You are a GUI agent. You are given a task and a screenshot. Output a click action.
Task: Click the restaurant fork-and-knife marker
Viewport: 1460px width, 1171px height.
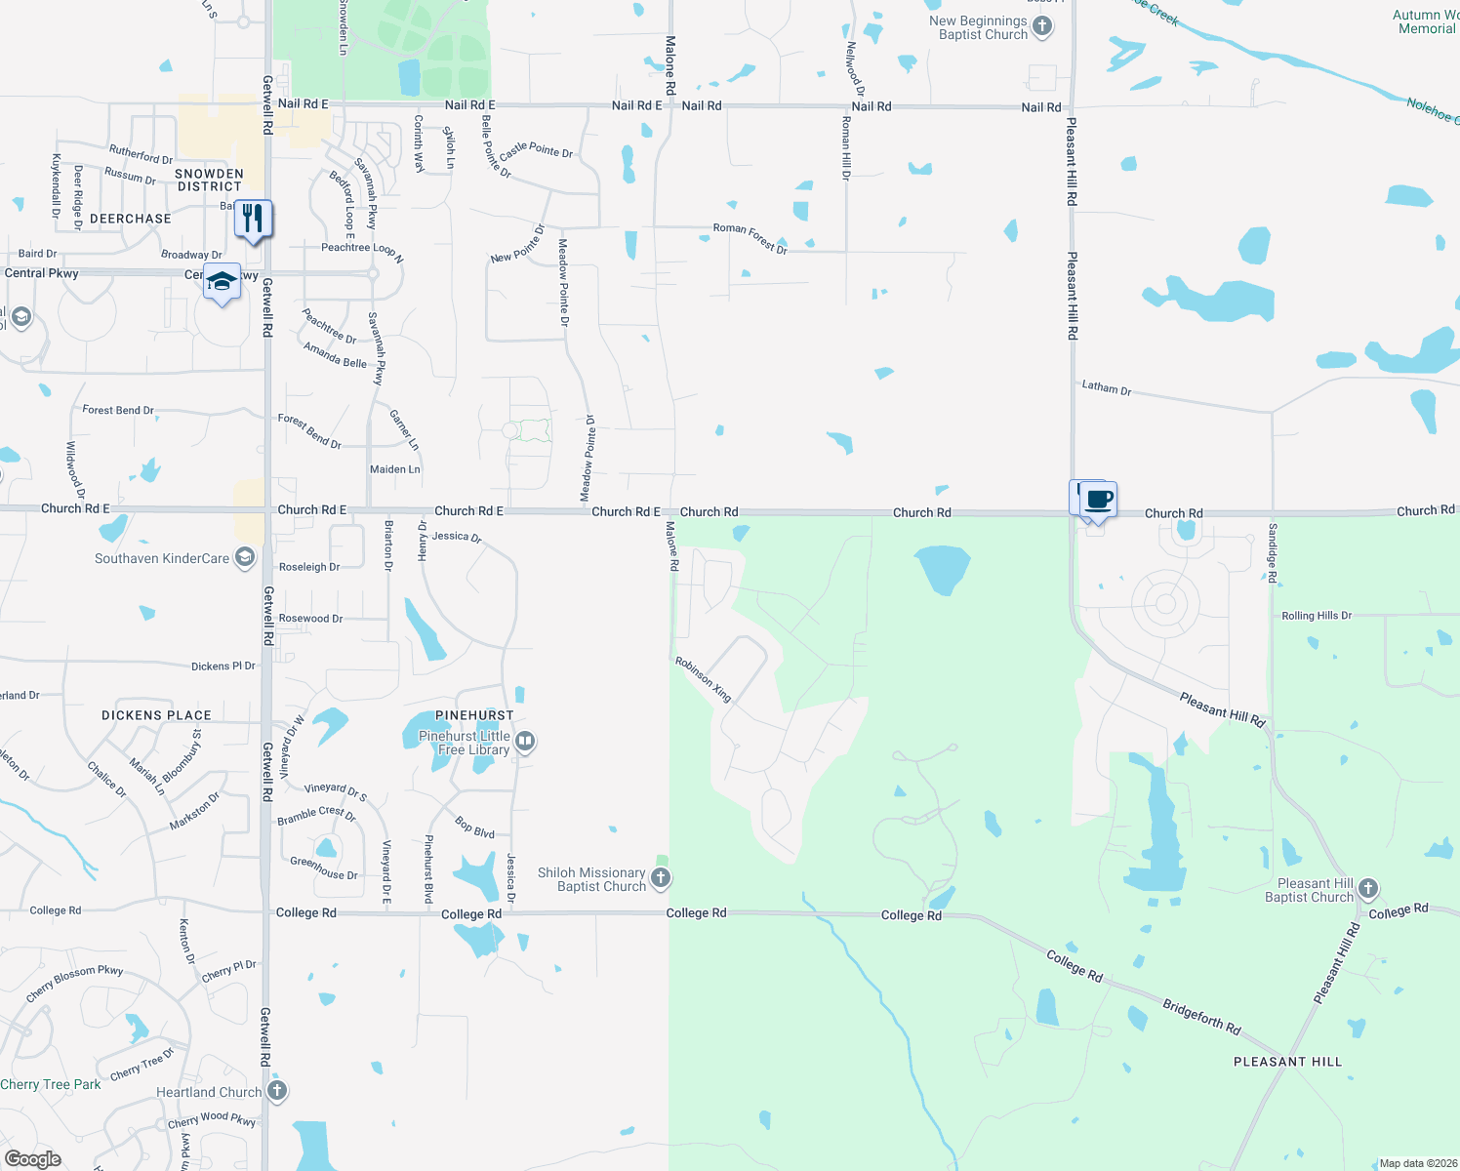pyautogui.click(x=254, y=219)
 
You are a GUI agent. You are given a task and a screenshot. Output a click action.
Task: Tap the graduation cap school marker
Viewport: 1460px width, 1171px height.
pyautogui.click(x=222, y=282)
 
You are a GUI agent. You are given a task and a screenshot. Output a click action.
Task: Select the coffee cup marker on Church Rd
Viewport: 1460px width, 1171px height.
pyautogui.click(x=1098, y=500)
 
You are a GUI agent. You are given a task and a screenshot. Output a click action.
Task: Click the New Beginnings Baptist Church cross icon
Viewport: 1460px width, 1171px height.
pyautogui.click(x=1042, y=26)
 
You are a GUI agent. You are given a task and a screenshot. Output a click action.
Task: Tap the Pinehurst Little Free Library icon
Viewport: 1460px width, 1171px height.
pyautogui.click(x=525, y=742)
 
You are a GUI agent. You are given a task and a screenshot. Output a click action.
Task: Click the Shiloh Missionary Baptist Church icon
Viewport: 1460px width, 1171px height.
pyautogui.click(x=661, y=878)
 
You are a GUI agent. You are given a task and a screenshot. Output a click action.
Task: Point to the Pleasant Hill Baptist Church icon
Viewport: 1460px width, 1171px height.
pyautogui.click(x=1368, y=888)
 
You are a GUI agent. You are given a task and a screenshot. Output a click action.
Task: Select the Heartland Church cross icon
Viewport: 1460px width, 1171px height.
pyautogui.click(x=277, y=1090)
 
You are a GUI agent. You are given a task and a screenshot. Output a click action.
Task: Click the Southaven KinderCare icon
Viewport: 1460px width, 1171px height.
pyautogui.click(x=245, y=558)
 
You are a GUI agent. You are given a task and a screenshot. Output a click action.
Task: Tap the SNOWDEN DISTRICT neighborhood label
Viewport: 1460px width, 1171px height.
pyautogui.click(x=209, y=180)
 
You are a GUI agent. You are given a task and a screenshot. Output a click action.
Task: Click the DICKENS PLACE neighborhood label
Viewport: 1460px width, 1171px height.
pyautogui.click(x=156, y=715)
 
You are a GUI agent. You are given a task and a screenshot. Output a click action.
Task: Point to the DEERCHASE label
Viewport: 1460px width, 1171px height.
pyautogui.click(x=131, y=219)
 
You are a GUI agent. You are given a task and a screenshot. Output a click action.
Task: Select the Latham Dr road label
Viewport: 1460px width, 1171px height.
pyautogui.click(x=1107, y=387)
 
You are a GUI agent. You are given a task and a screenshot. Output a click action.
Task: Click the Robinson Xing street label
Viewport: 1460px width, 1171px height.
pyautogui.click(x=704, y=679)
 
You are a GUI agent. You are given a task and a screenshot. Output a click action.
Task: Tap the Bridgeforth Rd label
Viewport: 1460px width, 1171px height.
pyautogui.click(x=1201, y=1016)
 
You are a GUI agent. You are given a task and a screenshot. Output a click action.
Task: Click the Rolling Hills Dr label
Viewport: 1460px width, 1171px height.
pyautogui.click(x=1317, y=616)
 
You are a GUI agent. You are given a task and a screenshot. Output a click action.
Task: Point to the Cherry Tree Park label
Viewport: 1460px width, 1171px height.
pyautogui.click(x=51, y=1084)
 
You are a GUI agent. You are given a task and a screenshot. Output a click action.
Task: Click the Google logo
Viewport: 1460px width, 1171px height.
pyautogui.click(x=33, y=1159)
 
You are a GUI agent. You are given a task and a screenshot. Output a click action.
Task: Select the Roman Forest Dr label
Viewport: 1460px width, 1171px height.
pyautogui.click(x=750, y=237)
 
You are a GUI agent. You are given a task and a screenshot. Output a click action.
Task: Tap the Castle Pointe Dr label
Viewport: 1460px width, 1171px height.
pyautogui.click(x=536, y=150)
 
